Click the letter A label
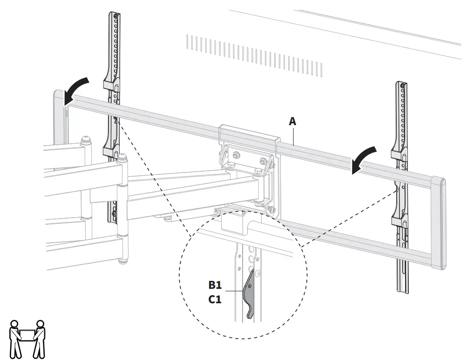[x=292, y=121]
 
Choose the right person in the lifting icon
[x=41, y=338]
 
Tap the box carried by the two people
[x=28, y=333]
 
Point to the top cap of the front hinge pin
[x=122, y=158]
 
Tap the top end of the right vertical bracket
[x=401, y=84]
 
